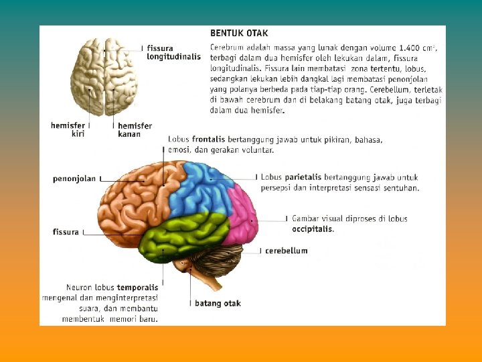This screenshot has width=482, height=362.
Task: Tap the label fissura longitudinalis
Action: click(173, 52)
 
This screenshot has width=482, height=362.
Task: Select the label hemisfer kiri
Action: click(68, 129)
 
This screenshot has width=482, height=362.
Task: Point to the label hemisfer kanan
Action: click(135, 129)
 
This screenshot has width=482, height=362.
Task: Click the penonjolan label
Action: click(74, 179)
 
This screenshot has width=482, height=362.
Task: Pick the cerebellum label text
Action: click(286, 251)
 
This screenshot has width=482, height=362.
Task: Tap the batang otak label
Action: click(218, 304)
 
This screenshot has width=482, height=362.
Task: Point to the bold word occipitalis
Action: click(312, 229)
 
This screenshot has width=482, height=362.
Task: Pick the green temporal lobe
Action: click(181, 235)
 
